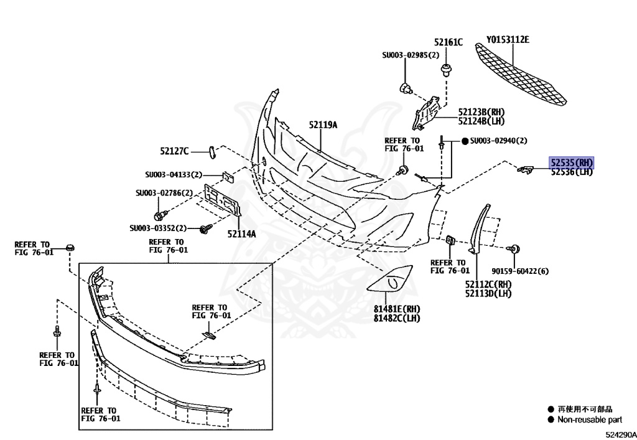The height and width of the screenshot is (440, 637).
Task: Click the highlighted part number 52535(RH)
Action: pyautogui.click(x=571, y=162)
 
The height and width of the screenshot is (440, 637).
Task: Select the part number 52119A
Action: pyautogui.click(x=323, y=125)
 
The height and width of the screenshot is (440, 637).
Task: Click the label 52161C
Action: pyautogui.click(x=448, y=42)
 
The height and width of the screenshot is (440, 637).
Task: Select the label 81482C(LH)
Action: pyautogui.click(x=397, y=319)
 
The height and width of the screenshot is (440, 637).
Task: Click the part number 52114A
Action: pyautogui.click(x=241, y=234)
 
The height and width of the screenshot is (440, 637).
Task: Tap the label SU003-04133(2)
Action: pyautogui.click(x=174, y=175)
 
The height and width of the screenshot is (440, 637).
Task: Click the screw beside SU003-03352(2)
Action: pyautogui.click(x=204, y=230)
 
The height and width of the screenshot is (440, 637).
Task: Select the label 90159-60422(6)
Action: pyautogui.click(x=519, y=271)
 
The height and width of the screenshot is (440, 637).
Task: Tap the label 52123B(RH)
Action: pyautogui.click(x=481, y=111)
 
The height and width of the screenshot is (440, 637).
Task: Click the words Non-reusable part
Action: pyautogui.click(x=589, y=420)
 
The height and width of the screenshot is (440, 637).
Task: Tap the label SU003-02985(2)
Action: pyautogui.click(x=410, y=55)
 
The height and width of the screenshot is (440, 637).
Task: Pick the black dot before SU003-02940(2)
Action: pyautogui.click(x=464, y=141)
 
